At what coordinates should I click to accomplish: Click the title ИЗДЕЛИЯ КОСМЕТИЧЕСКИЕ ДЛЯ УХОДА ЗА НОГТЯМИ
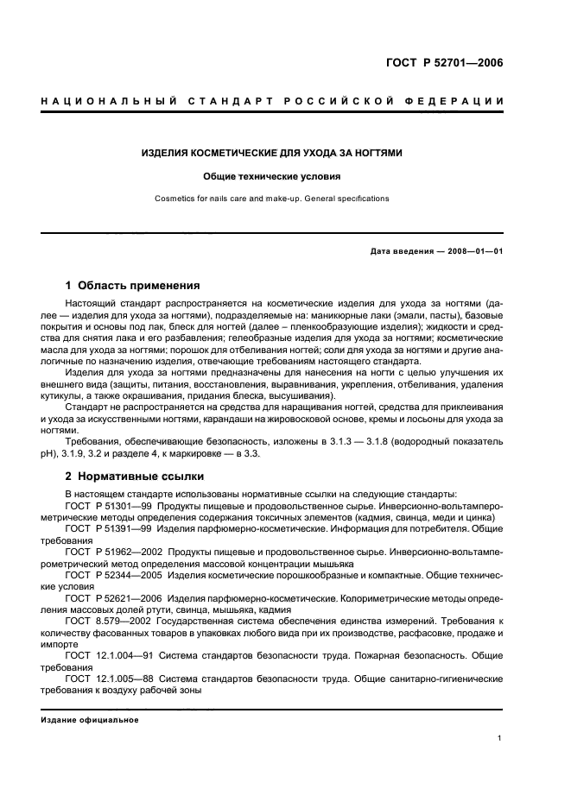click(x=271, y=153)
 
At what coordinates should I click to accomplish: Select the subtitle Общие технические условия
click(x=271, y=176)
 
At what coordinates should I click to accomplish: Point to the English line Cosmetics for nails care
click(x=271, y=199)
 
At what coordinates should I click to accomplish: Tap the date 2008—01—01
click(x=472, y=251)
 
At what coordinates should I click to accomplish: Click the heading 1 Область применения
click(x=133, y=285)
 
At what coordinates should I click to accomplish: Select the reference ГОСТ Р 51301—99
click(x=100, y=505)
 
